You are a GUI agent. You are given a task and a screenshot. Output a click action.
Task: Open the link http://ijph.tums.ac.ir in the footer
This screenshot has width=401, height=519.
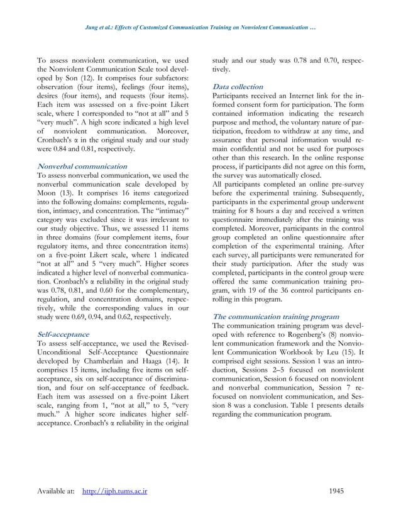click(x=115, y=490)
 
